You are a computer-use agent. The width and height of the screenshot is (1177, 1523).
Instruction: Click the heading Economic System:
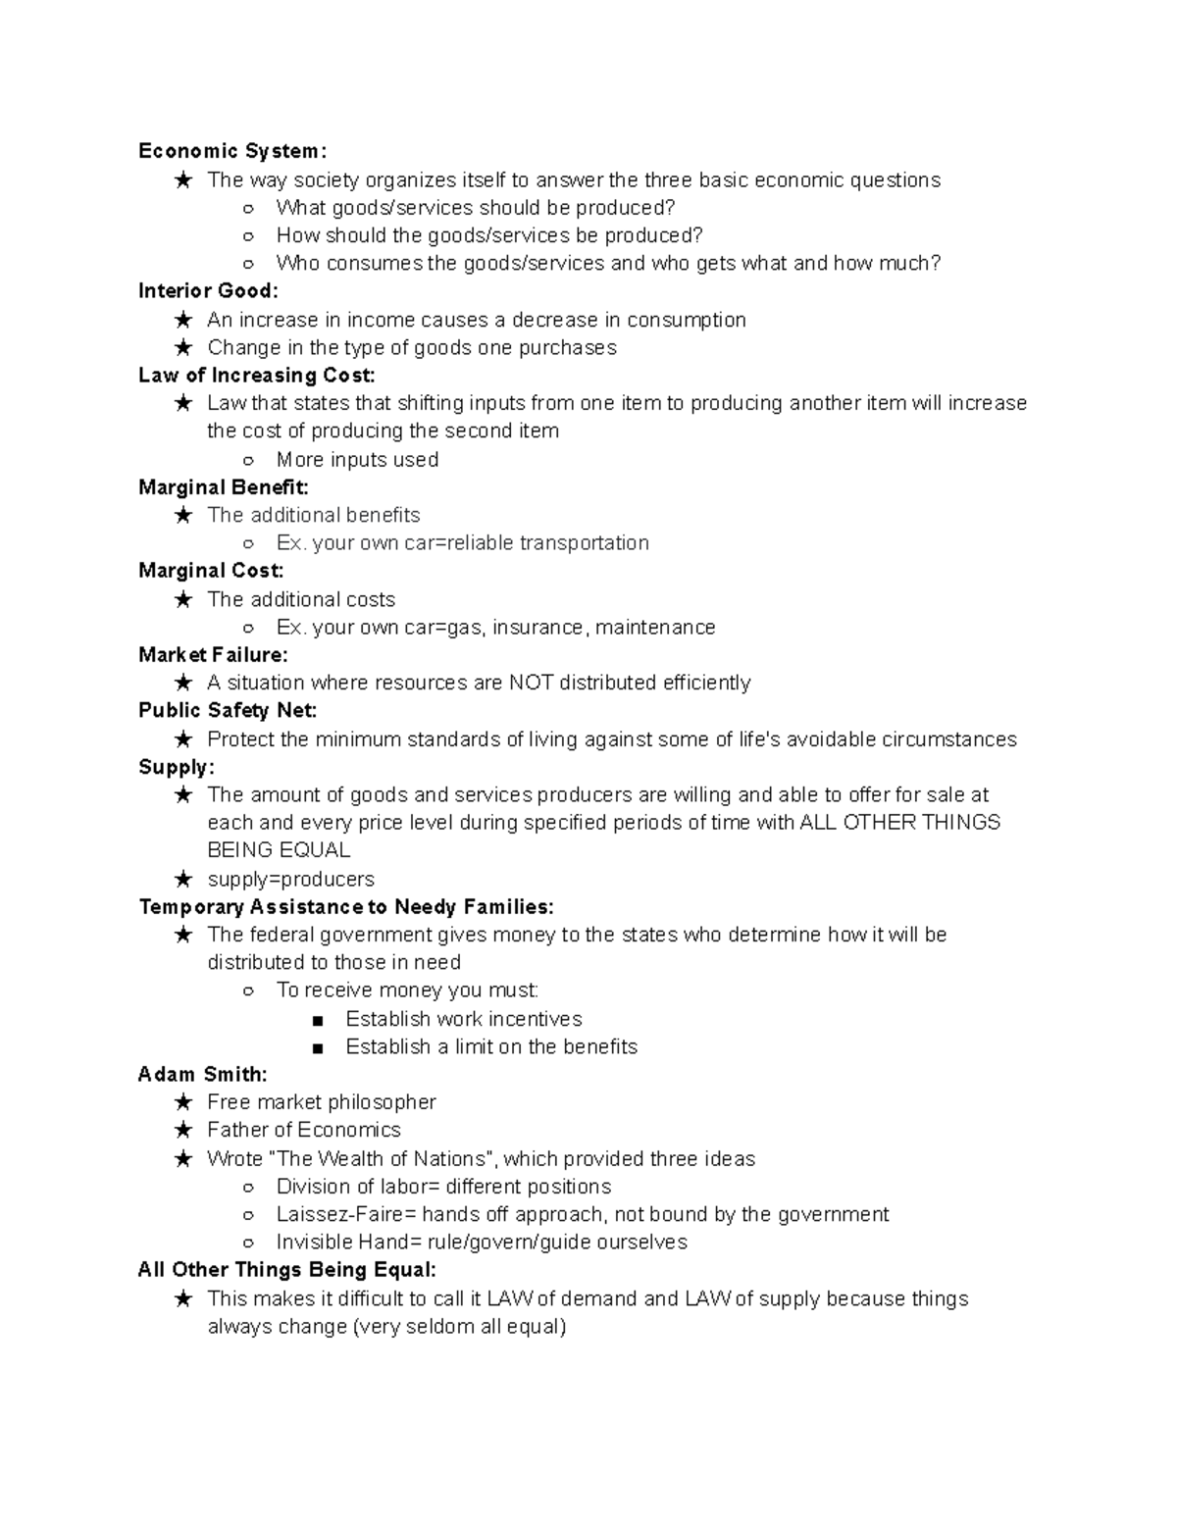pos(232,151)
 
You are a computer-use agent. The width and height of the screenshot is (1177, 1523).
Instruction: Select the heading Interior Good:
pos(208,291)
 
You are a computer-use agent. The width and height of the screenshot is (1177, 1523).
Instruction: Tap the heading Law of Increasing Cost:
pos(256,376)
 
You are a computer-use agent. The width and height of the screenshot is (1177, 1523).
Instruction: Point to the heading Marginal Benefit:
pos(224,487)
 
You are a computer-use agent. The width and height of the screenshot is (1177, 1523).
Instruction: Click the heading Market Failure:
pos(213,655)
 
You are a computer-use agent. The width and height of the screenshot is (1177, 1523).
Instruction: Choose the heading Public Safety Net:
pos(228,711)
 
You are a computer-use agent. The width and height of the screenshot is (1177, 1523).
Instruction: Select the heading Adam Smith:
pos(202,1075)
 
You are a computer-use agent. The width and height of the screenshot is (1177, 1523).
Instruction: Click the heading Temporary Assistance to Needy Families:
pos(346,907)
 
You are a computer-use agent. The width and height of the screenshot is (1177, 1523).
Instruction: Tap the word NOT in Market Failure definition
pos(531,684)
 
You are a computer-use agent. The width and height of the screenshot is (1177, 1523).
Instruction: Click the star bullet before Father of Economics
pos(183,1131)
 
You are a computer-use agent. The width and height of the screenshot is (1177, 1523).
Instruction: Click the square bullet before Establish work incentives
pos(317,1020)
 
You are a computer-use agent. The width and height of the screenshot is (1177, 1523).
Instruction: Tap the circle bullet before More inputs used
pos(248,460)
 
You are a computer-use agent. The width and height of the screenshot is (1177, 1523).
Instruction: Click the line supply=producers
pos(290,880)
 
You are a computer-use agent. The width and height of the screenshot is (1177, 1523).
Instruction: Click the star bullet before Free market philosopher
pos(183,1103)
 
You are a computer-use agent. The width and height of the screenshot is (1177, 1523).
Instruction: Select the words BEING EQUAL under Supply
pos(279,850)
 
